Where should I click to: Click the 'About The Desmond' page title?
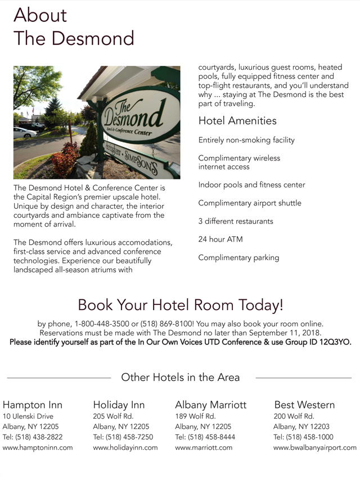(x=74, y=26)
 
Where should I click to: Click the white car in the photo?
(x=24, y=132)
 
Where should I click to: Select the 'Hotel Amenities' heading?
(x=237, y=120)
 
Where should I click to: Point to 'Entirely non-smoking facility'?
(x=246, y=140)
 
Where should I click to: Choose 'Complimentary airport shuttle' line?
(x=250, y=203)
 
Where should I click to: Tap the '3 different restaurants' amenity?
(x=236, y=221)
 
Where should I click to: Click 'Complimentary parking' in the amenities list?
(x=238, y=258)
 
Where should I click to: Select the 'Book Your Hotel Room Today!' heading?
(x=180, y=305)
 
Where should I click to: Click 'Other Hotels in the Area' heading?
(x=180, y=378)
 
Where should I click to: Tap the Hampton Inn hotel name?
(x=33, y=405)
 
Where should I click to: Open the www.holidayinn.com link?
(x=125, y=448)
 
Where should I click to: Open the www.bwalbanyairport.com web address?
(x=315, y=448)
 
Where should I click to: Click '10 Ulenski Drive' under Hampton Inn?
(x=28, y=416)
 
